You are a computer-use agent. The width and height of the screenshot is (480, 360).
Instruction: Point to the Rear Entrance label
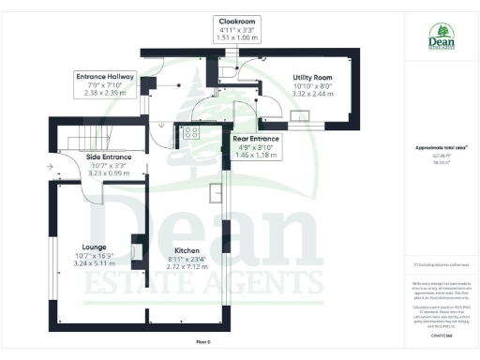[x=256, y=138]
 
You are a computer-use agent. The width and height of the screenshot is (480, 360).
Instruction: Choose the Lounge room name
[x=93, y=247]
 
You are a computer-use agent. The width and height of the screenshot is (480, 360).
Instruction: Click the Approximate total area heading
[x=435, y=148]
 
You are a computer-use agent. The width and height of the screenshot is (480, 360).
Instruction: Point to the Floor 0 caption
[x=203, y=342]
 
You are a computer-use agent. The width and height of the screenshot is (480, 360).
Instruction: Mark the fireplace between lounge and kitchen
[x=138, y=250]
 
